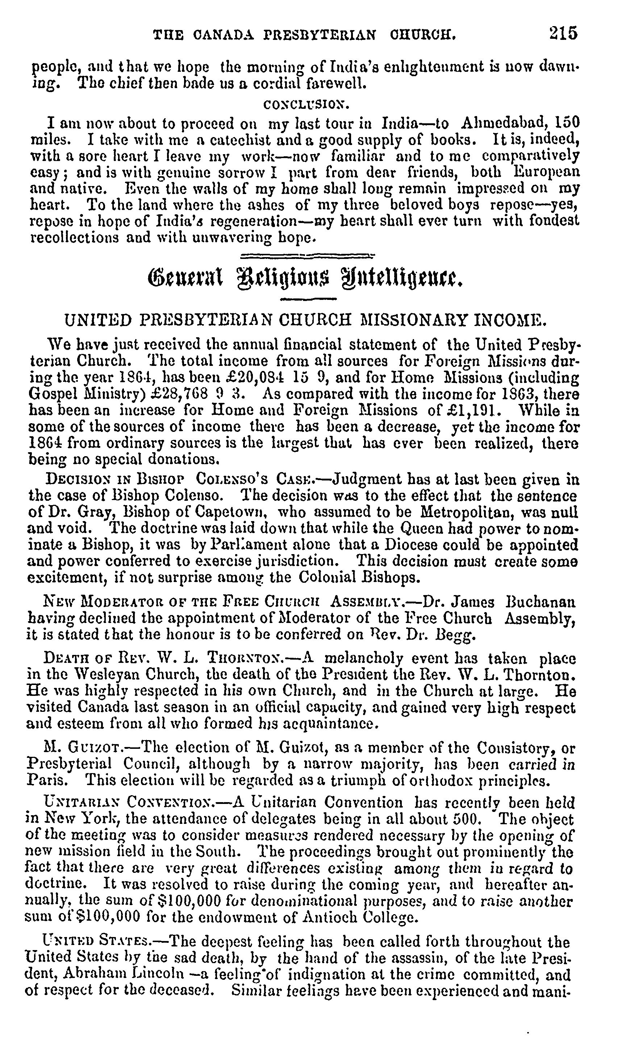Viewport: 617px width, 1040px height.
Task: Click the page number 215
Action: [563, 33]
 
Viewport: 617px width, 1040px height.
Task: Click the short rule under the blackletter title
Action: [308, 299]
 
